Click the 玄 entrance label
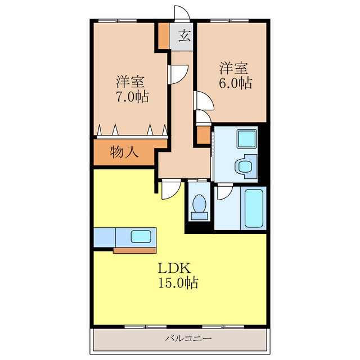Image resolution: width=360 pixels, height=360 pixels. click(x=184, y=38)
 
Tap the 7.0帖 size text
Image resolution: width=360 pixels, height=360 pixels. click(x=133, y=96)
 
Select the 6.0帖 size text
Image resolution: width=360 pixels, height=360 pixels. click(x=236, y=83)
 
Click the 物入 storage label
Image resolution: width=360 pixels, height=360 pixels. click(x=124, y=152)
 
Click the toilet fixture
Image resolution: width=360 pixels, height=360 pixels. click(x=199, y=207)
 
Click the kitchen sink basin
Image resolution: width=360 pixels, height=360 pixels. click(x=140, y=236)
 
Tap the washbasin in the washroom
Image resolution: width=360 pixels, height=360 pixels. click(x=245, y=166)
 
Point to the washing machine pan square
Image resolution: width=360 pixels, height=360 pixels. click(x=246, y=138)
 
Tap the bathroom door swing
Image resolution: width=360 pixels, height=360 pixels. click(x=223, y=193)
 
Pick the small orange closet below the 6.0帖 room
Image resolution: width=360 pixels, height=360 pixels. click(x=202, y=135)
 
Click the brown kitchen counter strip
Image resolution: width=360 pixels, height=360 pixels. click(x=136, y=250)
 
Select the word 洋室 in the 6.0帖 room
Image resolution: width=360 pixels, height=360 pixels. click(x=233, y=69)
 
